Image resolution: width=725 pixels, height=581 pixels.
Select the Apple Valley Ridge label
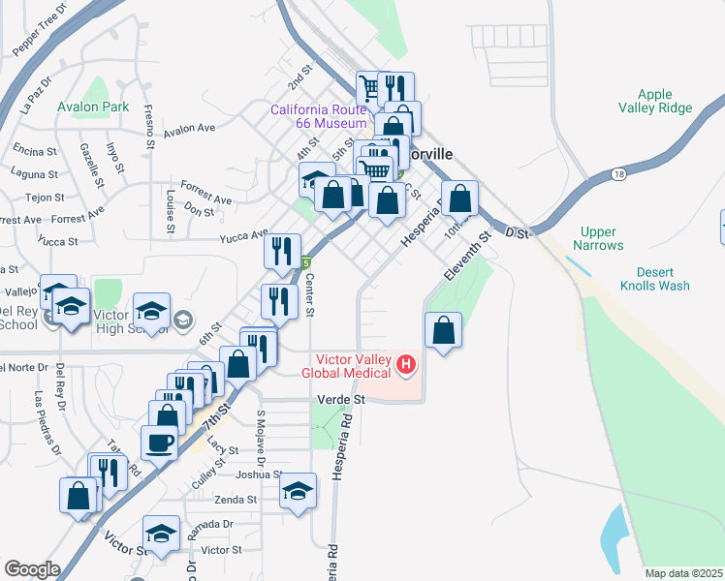point(655,101)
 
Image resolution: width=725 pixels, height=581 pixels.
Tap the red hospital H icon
point(406,365)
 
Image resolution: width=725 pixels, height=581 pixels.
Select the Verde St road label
point(339,399)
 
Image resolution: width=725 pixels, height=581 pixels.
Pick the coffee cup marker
point(159,443)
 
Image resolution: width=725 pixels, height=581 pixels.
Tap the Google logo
point(32,569)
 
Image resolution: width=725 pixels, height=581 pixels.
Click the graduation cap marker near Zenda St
point(298,491)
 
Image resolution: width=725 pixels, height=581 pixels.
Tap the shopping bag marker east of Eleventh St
point(443,330)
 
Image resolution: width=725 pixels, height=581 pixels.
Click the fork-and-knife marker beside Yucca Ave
point(282,252)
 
